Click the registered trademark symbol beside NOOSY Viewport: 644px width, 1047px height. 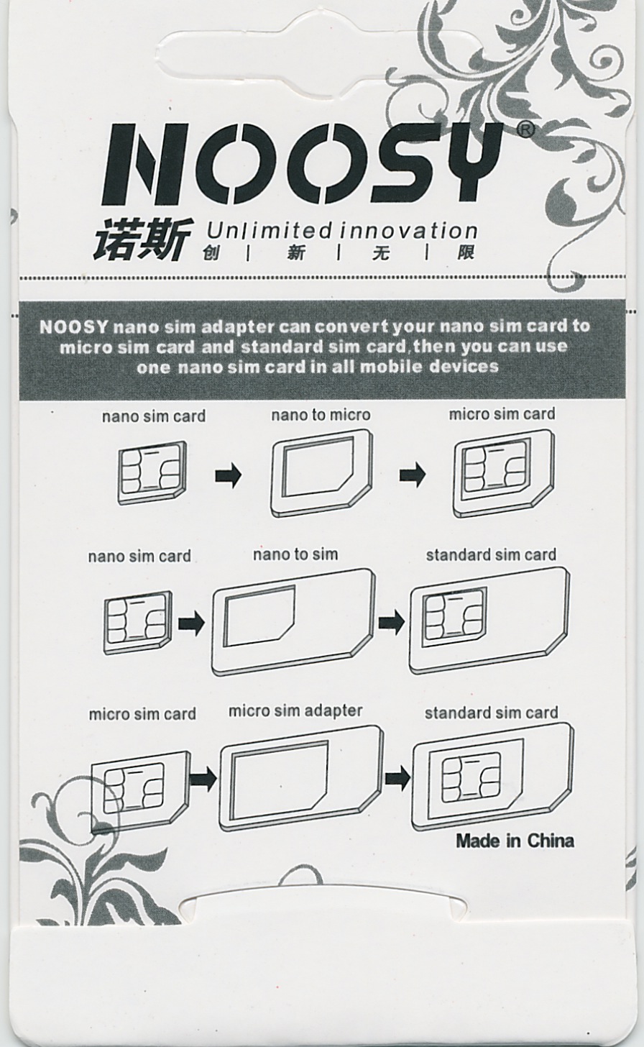coord(526,129)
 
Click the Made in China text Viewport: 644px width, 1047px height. coord(515,841)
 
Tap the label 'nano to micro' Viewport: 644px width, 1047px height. coord(321,415)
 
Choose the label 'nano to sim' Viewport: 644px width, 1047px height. coord(295,554)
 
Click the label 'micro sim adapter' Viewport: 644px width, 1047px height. coord(295,711)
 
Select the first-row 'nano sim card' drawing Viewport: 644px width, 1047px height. coord(152,472)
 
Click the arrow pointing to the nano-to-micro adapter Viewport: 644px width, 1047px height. coord(229,475)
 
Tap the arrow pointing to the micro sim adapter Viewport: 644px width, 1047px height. coord(203,779)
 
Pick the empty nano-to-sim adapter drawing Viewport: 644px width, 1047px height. coord(293,622)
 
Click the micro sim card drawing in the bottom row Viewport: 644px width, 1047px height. coord(141,792)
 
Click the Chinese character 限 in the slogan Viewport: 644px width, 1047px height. coord(466,253)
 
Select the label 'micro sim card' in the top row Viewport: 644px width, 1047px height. coord(502,414)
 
